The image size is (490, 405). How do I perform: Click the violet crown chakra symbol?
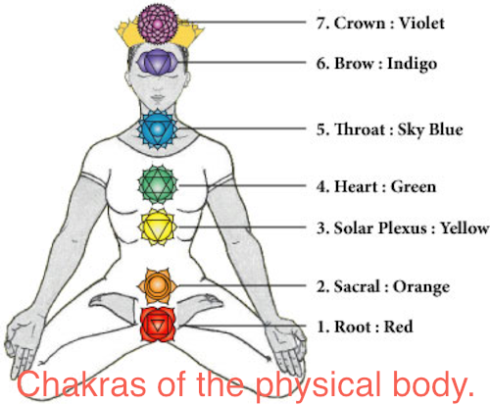(158, 24)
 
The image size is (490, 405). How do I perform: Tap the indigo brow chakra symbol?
(158, 62)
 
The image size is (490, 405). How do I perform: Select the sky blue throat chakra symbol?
(158, 129)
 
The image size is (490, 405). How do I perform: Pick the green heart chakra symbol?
(158, 185)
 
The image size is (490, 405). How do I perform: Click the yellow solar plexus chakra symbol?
(158, 227)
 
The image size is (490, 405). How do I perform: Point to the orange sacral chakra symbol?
(157, 285)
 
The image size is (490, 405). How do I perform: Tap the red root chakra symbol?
(158, 325)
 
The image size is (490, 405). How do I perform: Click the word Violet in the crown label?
(421, 23)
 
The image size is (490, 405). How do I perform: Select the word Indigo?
(412, 64)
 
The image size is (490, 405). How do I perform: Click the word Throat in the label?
(360, 129)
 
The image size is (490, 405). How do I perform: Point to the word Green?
(414, 187)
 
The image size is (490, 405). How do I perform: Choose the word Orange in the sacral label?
(421, 287)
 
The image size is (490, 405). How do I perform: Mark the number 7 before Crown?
(319, 24)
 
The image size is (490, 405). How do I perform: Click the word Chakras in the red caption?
(81, 384)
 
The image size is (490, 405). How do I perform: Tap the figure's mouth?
(158, 97)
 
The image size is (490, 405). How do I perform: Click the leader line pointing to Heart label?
(242, 185)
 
